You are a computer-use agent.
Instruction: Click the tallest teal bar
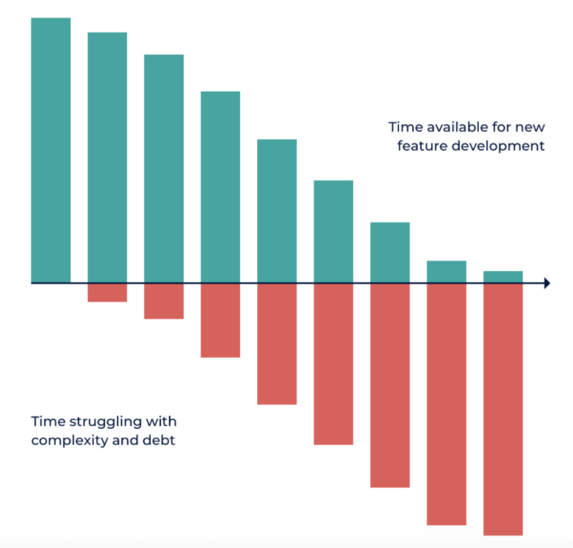point(51,150)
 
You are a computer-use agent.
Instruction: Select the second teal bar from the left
point(107,157)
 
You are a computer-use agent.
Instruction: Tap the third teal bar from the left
point(164,168)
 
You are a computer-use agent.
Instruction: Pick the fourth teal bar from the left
point(220,187)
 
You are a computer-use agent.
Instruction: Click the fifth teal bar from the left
point(277,211)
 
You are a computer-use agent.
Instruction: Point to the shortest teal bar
point(503,277)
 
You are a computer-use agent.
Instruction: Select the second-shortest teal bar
point(447,272)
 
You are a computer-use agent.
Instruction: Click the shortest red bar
point(107,292)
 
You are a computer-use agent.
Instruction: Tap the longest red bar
point(503,409)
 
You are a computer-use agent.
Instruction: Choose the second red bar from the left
point(164,301)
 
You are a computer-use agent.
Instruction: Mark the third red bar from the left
point(220,320)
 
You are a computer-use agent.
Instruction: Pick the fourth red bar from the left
point(277,344)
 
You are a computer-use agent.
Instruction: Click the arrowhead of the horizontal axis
point(547,283)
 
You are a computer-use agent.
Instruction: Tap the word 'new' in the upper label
point(530,126)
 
